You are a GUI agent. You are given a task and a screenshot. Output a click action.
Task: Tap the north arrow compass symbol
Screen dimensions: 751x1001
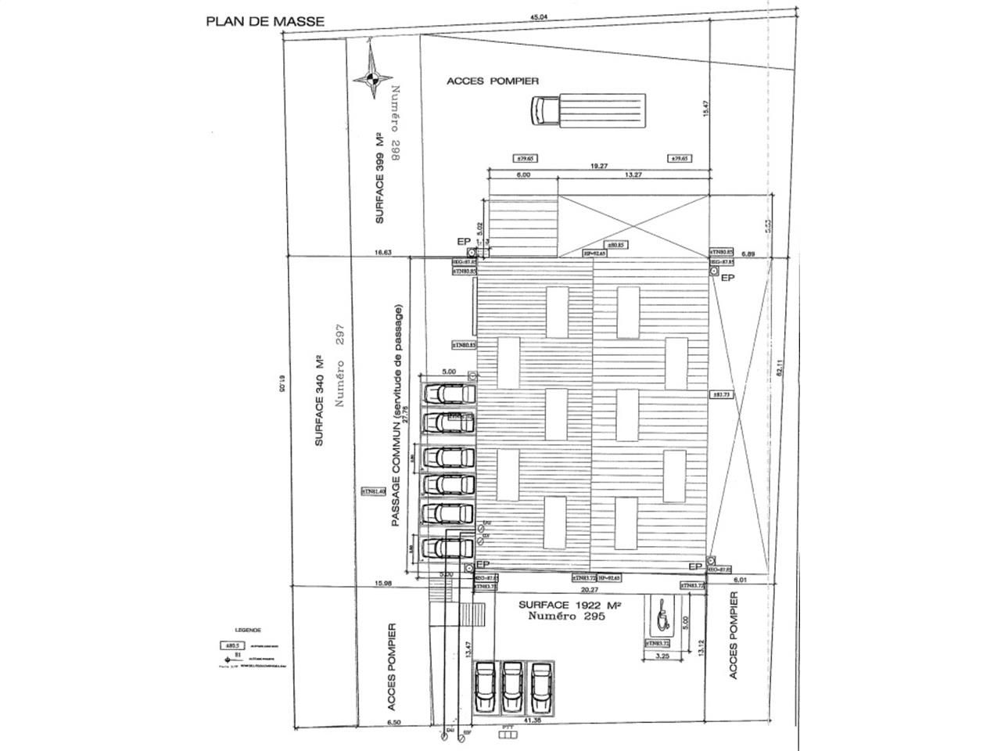372,76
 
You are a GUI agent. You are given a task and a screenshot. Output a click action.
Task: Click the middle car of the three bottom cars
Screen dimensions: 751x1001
512,686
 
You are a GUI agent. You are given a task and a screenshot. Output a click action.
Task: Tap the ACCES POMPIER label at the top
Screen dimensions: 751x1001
493,81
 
